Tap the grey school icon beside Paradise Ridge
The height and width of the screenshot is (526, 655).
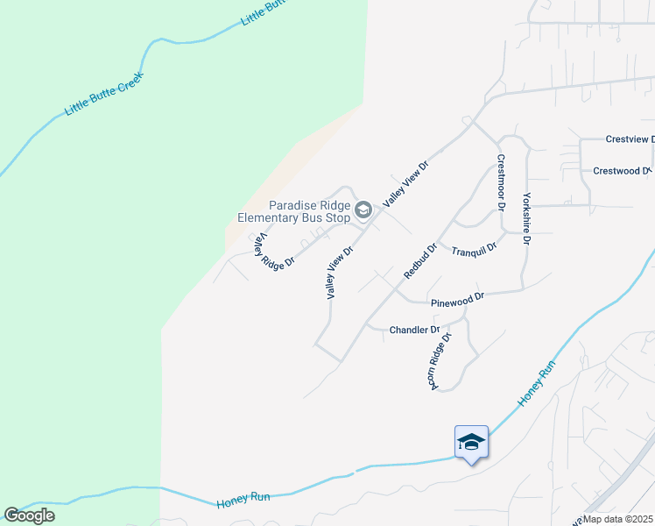click(363, 210)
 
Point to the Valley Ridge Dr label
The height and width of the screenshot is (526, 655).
click(273, 251)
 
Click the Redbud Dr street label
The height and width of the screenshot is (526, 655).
click(420, 262)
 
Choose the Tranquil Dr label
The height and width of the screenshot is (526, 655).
click(474, 250)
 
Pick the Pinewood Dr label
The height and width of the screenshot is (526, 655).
click(457, 300)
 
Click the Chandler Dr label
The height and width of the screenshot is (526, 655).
click(413, 331)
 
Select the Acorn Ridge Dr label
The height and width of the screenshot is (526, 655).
click(440, 361)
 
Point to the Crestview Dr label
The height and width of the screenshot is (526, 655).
click(630, 139)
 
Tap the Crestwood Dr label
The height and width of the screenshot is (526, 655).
click(623, 171)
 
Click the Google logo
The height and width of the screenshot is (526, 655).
click(29, 515)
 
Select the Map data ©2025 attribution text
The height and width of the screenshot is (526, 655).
click(618, 518)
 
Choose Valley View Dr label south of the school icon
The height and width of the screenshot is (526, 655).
click(340, 273)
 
